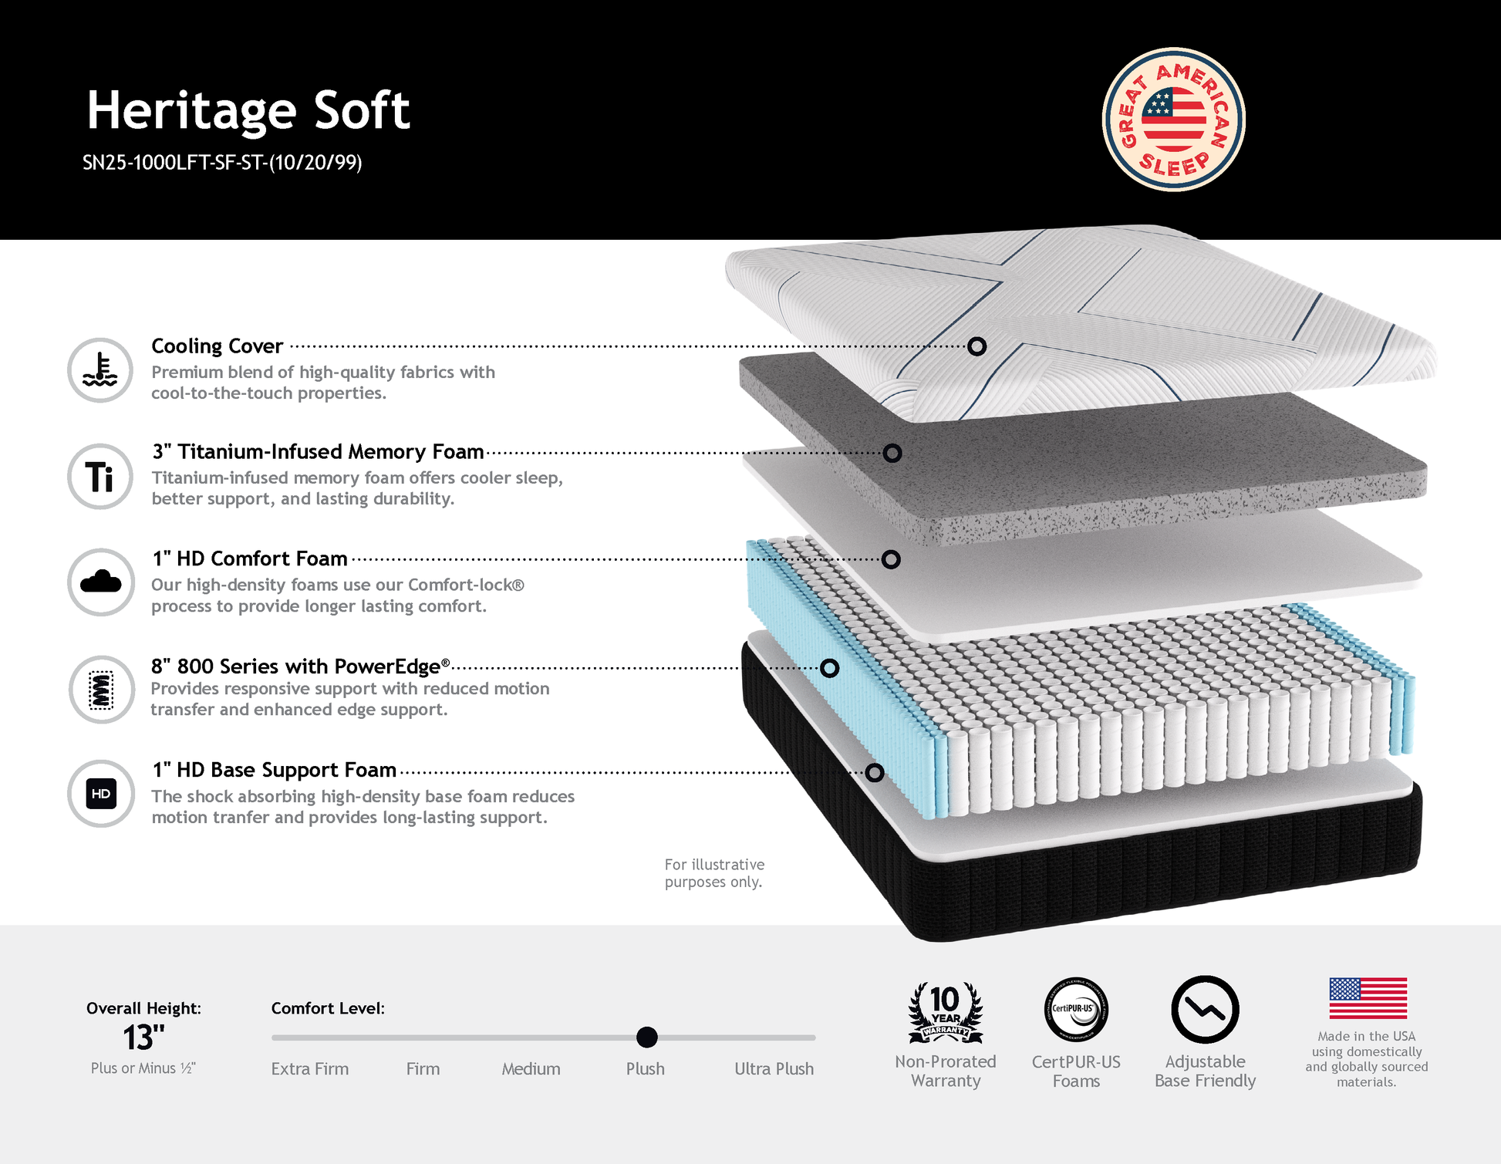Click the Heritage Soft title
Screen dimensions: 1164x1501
coord(248,110)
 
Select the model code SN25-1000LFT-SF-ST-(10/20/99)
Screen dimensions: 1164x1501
coord(222,163)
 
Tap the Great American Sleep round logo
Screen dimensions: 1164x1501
coord(1173,120)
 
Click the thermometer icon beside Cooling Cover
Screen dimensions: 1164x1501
coord(100,370)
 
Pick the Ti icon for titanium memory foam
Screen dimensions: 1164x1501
coord(100,476)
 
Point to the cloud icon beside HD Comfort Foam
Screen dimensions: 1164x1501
coord(100,582)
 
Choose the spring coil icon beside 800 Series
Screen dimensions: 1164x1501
coord(101,689)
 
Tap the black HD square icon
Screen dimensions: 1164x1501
coord(101,794)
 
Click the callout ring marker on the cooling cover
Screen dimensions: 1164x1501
coord(976,346)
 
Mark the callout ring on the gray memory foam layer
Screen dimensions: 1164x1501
coord(892,453)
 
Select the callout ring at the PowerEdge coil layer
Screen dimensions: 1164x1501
coord(829,668)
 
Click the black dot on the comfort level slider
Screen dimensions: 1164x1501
coord(647,1037)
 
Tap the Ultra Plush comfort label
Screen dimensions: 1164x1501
coord(774,1069)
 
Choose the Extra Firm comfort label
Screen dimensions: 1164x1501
coord(310,1069)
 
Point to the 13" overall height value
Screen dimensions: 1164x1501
coord(144,1038)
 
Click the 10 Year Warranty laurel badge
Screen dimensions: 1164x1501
coord(946,1011)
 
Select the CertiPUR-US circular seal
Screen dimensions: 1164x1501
coord(1076,1010)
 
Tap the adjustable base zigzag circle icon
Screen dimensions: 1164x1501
coord(1205,1010)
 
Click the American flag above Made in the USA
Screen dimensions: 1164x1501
coord(1368,998)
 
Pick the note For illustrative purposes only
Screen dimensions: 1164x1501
coord(714,873)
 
